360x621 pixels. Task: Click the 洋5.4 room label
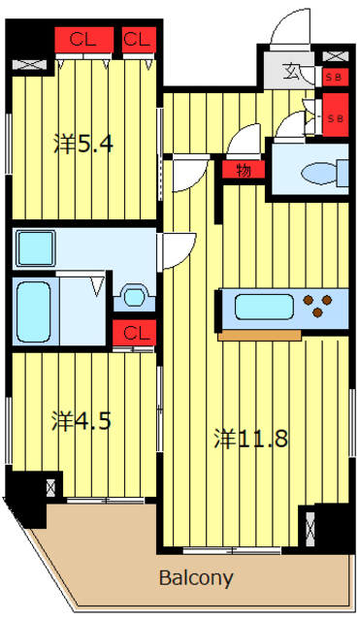coord(83,145)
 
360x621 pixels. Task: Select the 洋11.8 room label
coord(250,439)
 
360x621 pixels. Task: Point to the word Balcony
coord(196,578)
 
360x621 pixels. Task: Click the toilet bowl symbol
coord(317,173)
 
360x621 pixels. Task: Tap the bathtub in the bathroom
coord(34,310)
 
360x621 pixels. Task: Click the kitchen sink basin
coord(258,309)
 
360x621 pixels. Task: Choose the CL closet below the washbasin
coord(135,334)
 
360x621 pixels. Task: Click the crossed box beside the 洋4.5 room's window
coord(51,484)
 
